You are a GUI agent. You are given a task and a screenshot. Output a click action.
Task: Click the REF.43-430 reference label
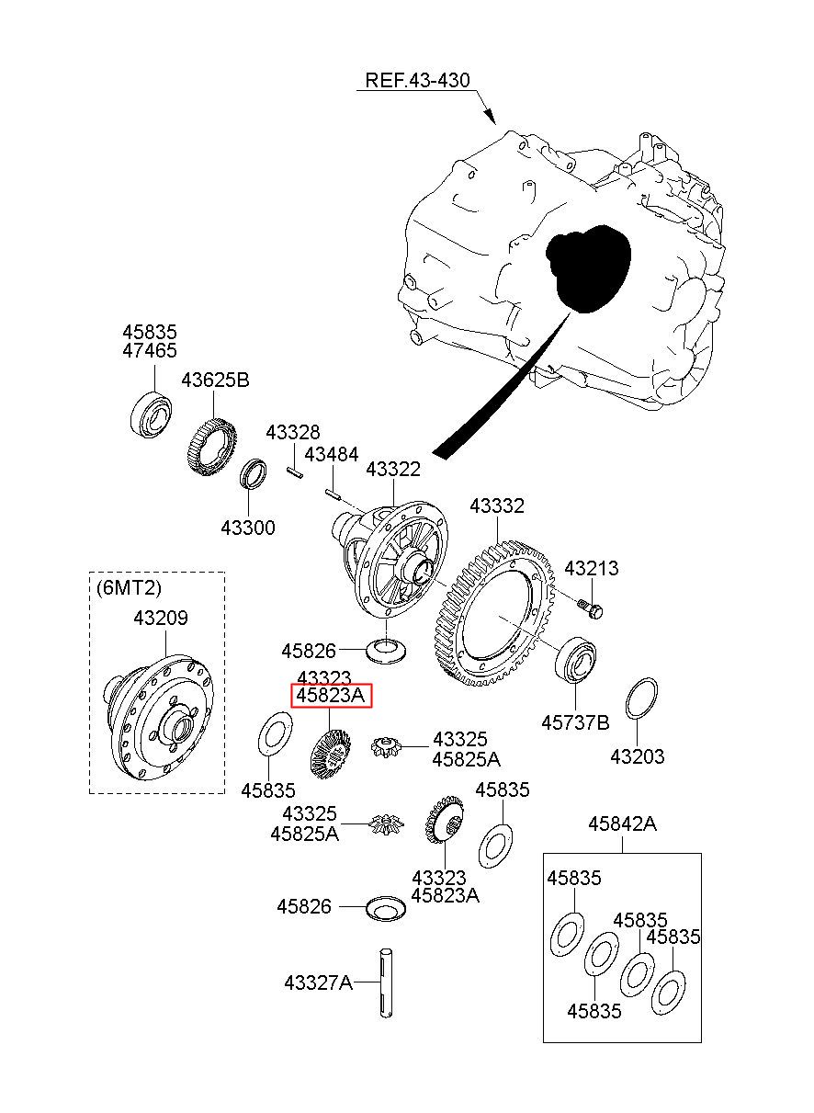[417, 80]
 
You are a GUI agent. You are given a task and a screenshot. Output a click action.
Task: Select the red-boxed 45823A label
[330, 696]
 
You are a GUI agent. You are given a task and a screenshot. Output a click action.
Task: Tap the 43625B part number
[215, 380]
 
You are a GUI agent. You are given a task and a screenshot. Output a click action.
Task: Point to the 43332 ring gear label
[497, 505]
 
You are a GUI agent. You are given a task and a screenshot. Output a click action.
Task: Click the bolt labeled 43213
[591, 608]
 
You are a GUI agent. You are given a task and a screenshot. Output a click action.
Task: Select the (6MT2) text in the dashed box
[129, 588]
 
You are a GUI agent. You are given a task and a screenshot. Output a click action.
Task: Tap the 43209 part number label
[161, 619]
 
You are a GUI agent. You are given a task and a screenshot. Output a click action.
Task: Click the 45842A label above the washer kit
[622, 823]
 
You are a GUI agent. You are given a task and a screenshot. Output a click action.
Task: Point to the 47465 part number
[150, 350]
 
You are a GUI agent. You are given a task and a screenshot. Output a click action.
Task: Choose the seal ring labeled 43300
[254, 474]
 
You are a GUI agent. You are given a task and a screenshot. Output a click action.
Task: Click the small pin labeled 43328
[295, 472]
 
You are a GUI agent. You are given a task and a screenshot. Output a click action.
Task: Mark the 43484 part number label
[332, 454]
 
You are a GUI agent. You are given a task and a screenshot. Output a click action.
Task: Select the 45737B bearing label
[575, 722]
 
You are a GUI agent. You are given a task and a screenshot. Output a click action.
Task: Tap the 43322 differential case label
[393, 469]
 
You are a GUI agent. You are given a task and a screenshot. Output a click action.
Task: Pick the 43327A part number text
[319, 982]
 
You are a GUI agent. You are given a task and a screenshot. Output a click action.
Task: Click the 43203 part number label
[638, 756]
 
